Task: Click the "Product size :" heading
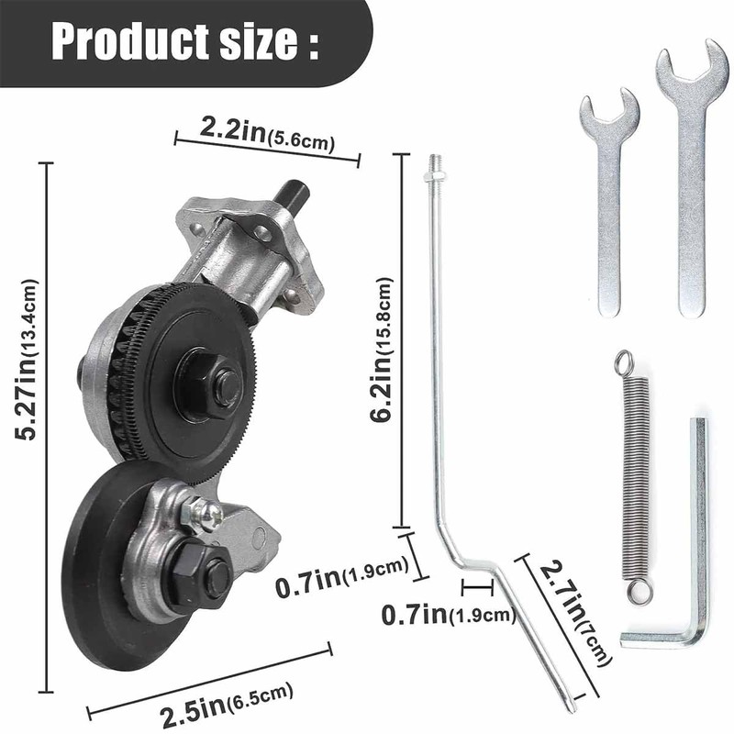(x=184, y=41)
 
